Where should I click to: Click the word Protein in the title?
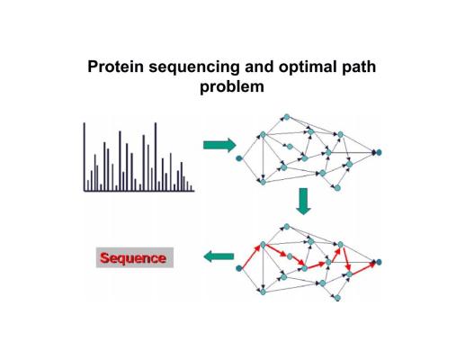pyautogui.click(x=115, y=67)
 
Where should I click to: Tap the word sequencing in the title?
pyautogui.click(x=194, y=67)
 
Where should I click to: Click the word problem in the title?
pyautogui.click(x=232, y=87)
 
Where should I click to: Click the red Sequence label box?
pyautogui.click(x=135, y=257)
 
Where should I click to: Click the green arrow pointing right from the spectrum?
pyautogui.click(x=219, y=145)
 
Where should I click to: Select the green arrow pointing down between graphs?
pyautogui.click(x=303, y=202)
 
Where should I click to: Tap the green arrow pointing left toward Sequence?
pyautogui.click(x=219, y=256)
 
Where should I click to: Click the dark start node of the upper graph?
pyautogui.click(x=239, y=158)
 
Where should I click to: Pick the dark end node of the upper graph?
pyautogui.click(x=379, y=152)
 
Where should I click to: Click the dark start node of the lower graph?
pyautogui.click(x=239, y=268)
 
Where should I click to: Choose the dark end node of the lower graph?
pyautogui.click(x=379, y=262)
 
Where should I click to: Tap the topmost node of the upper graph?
pyautogui.click(x=287, y=117)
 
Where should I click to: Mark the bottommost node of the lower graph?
pyautogui.click(x=337, y=298)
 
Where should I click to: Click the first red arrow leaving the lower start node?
pyautogui.click(x=250, y=256)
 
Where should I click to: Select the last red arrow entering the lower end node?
pyautogui.click(x=363, y=268)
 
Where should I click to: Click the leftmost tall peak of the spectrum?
pyautogui.click(x=85, y=157)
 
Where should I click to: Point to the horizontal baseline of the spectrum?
pyautogui.click(x=139, y=191)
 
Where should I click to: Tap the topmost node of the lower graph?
pyautogui.click(x=287, y=227)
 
